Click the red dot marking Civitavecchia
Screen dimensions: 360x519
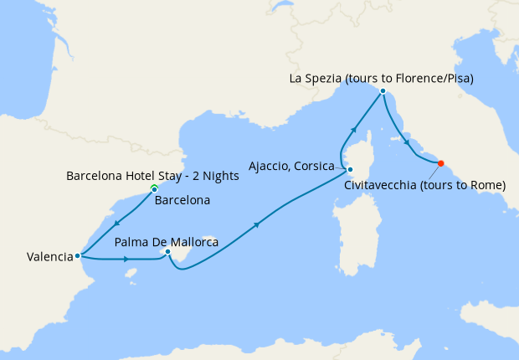pos(441,163)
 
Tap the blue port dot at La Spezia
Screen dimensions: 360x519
pos(383,90)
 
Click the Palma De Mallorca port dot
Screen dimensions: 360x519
pos(168,251)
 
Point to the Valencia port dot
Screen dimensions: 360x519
pos(77,256)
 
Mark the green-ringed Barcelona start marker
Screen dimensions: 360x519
pos(154,188)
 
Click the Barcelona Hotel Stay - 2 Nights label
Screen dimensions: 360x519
pos(152,176)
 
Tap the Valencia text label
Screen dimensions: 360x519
pos(43,257)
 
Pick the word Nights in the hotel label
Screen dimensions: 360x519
pos(222,176)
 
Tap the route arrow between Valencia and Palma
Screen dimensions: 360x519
pos(126,260)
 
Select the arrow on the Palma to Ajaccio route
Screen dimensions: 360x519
pos(255,224)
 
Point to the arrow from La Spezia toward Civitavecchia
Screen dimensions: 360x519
pos(408,141)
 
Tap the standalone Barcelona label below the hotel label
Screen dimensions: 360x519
pos(183,201)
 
